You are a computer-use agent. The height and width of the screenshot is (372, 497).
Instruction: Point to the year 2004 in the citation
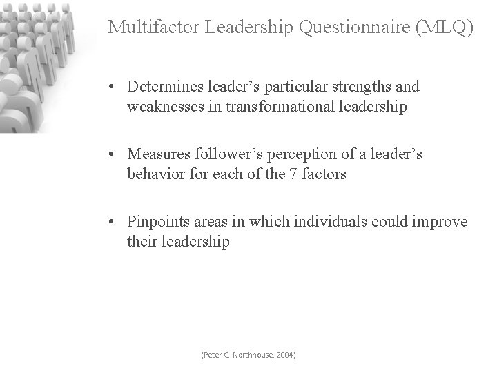pos(285,355)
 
